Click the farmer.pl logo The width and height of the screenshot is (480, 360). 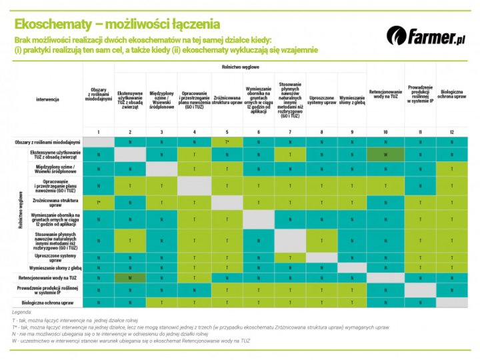(423, 34)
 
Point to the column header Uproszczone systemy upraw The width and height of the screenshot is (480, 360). (322, 99)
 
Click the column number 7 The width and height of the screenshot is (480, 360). (290, 131)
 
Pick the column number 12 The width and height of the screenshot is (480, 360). (452, 131)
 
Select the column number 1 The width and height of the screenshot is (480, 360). (98, 131)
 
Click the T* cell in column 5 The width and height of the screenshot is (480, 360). (227, 142)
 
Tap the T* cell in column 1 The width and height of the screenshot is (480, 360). (98, 202)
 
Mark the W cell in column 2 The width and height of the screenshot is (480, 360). (130, 277)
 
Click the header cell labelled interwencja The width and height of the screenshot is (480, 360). (48, 99)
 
